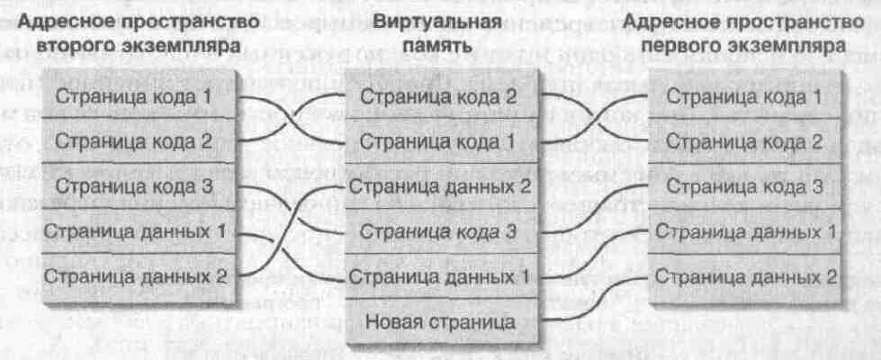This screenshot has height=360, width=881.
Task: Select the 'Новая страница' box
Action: click(x=439, y=319)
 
